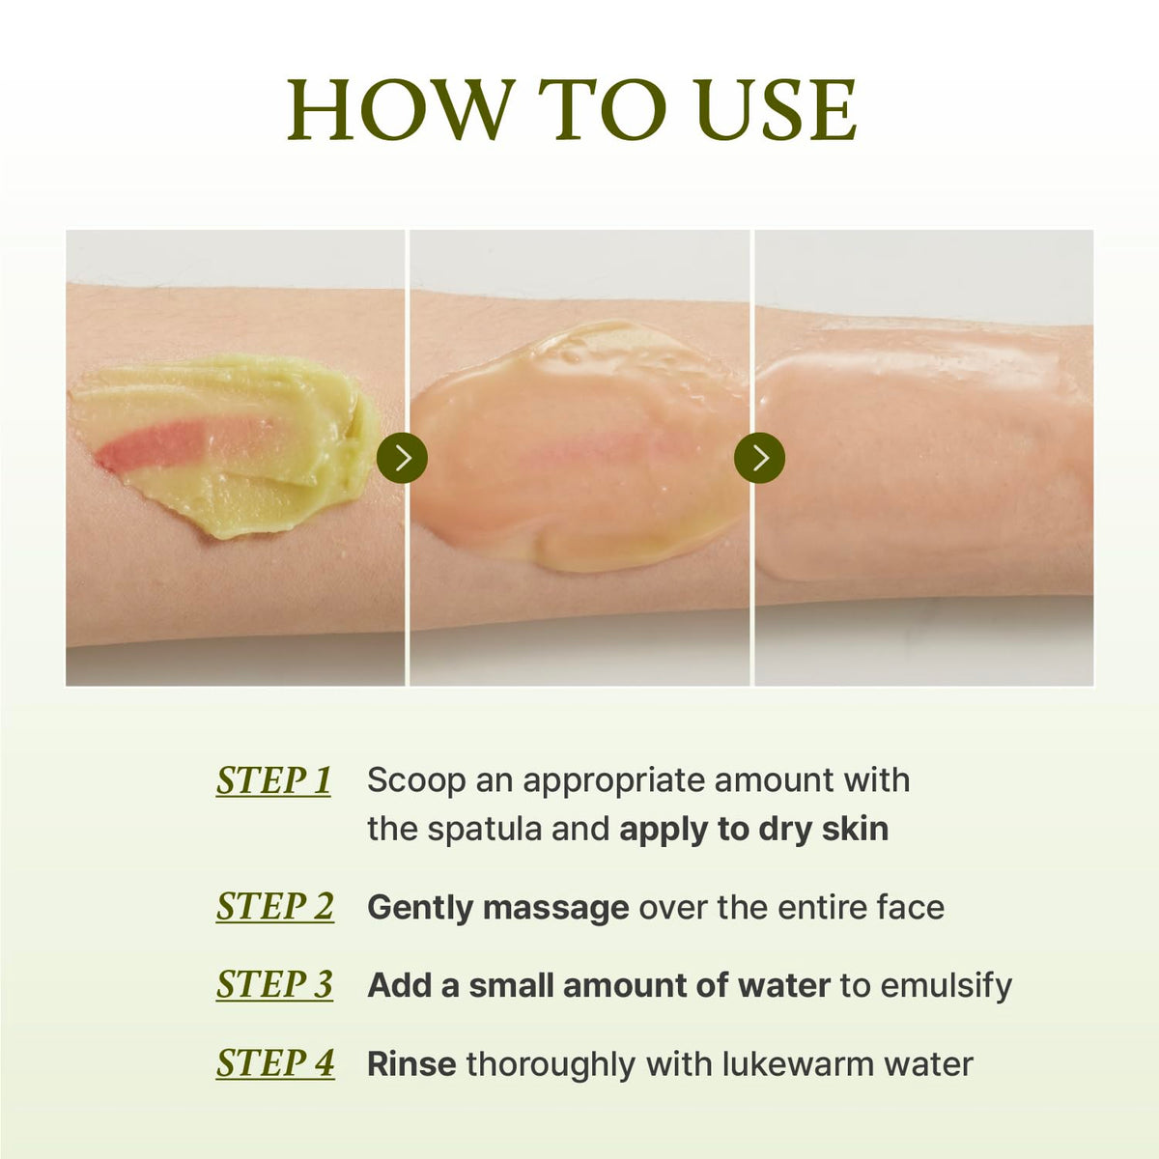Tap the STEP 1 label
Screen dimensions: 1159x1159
pos(273,781)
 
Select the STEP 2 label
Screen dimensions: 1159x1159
pos(275,907)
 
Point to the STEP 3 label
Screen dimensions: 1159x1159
pos(274,985)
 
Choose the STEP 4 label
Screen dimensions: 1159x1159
pos(275,1063)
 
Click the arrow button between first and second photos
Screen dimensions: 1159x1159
pos(402,457)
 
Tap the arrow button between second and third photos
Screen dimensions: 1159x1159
pos(760,457)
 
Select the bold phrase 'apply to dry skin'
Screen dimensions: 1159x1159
pos(753,831)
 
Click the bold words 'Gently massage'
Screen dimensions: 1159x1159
pos(498,908)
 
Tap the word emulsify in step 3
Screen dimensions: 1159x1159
pos(926,986)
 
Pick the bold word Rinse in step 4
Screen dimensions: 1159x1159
pos(411,1064)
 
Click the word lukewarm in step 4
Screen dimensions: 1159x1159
pos(798,1064)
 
